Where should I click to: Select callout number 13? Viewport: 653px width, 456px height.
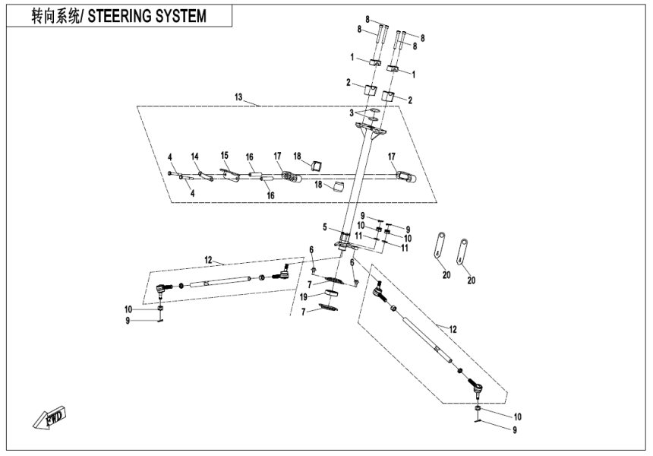pyautogui.click(x=238, y=98)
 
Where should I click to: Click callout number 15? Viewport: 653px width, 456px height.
pyautogui.click(x=224, y=154)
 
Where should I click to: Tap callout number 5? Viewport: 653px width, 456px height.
pyautogui.click(x=324, y=227)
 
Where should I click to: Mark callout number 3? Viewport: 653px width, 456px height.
pyautogui.click(x=352, y=112)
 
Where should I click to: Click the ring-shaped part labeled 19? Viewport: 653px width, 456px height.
pyautogui.click(x=332, y=293)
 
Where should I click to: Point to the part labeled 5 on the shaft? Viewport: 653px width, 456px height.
pyautogui.click(x=345, y=236)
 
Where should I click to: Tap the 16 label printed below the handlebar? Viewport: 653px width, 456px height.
pyautogui.click(x=270, y=195)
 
